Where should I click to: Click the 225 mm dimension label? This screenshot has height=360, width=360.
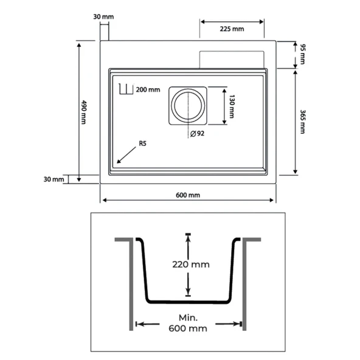tap(232, 29)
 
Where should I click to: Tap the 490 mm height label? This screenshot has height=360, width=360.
tap(84, 112)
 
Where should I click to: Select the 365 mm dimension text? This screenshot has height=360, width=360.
tap(303, 122)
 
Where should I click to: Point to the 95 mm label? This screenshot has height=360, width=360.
tap(303, 54)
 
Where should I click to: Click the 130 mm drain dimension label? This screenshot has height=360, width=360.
tap(232, 106)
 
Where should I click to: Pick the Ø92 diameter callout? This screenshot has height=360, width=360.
tap(197, 133)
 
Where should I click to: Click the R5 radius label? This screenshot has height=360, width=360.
tap(142, 144)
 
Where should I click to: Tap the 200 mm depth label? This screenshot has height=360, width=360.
tap(148, 89)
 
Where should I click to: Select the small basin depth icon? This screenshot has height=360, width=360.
tap(126, 89)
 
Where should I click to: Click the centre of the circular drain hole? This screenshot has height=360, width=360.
tap(188, 106)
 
